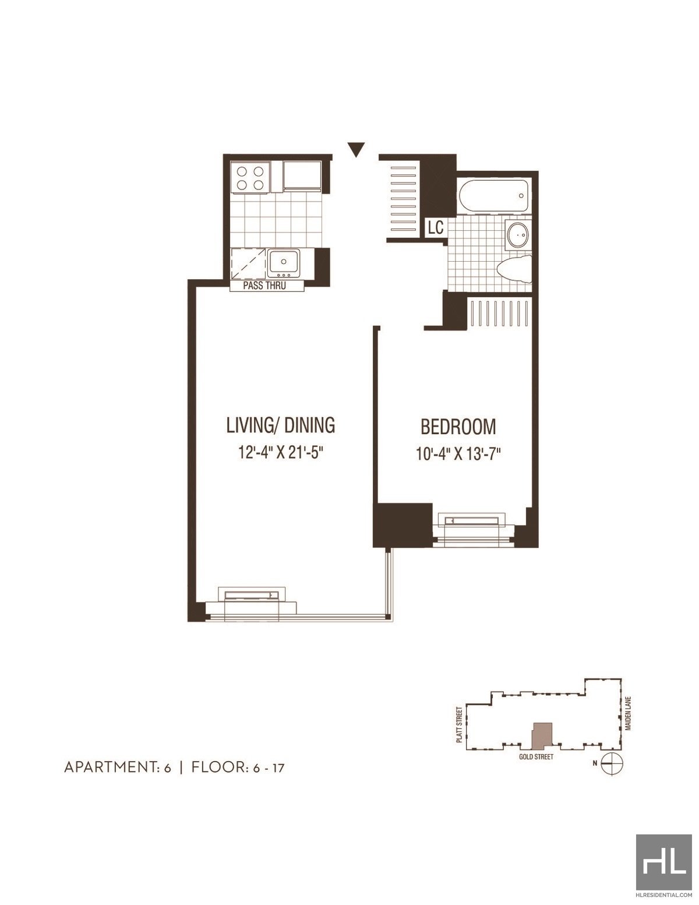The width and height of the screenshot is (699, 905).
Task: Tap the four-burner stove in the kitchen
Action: (250, 178)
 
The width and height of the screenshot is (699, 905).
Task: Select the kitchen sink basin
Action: (284, 263)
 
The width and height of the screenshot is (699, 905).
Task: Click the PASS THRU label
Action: (264, 286)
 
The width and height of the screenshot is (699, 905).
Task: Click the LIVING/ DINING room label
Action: (281, 425)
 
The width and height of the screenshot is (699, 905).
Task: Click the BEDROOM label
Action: (458, 427)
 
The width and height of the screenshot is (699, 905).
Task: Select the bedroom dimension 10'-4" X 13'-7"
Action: (458, 453)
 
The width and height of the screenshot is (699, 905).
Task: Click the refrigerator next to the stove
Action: (302, 177)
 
